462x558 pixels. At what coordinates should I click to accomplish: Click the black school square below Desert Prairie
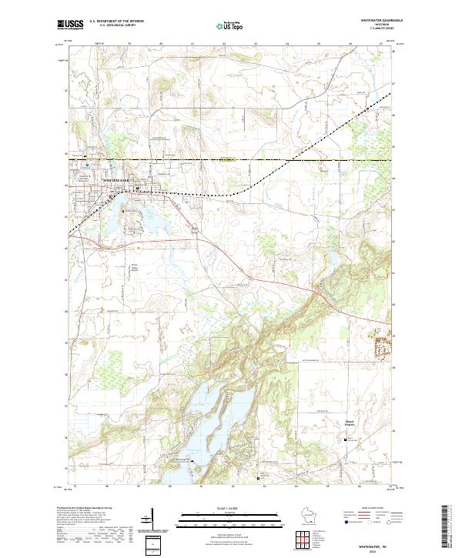[344, 439]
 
